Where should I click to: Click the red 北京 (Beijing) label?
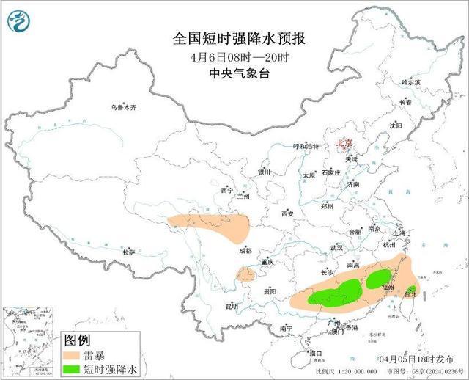point(344,144)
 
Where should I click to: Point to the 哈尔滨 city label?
point(410,82)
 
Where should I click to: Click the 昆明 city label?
point(232,305)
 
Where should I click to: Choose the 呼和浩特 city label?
point(306,146)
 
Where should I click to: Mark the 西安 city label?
point(287,213)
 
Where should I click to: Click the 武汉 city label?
point(336,248)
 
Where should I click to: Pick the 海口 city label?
point(316,354)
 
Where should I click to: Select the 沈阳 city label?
point(396,125)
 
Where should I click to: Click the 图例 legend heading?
point(77,340)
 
